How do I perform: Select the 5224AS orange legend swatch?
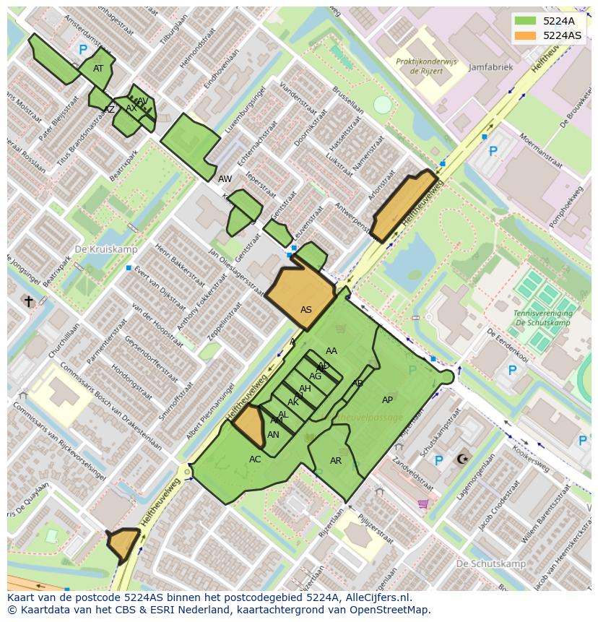526,35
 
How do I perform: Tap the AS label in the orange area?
306,310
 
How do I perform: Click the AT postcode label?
98,69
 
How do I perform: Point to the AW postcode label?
225,178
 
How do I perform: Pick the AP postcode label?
387,400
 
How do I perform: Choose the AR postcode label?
336,461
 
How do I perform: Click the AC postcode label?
255,459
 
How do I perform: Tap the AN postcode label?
273,435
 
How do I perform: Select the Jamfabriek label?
490,67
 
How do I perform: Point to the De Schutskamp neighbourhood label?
490,563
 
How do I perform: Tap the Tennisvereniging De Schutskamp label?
543,318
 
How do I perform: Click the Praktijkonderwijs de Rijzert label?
426,66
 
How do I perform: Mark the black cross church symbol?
29,301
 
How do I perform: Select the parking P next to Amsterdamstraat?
83,50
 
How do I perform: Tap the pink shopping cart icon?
423,504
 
